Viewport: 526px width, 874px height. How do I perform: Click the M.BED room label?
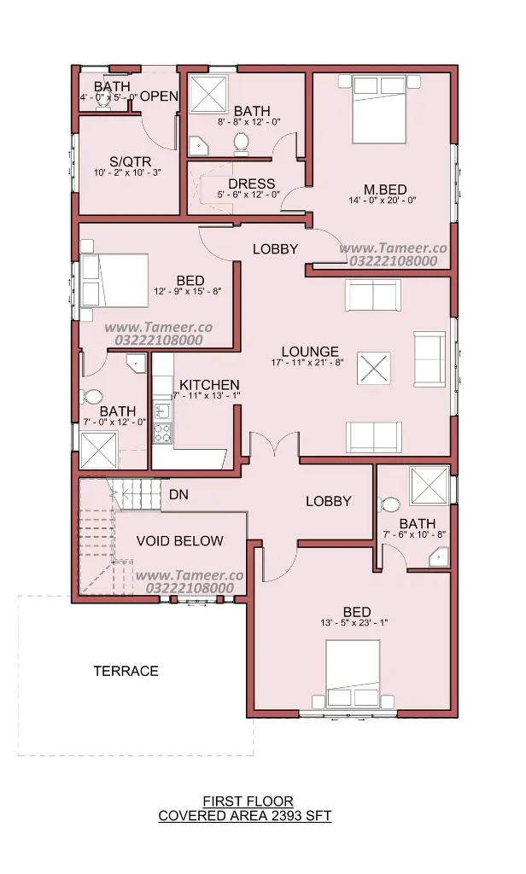385,189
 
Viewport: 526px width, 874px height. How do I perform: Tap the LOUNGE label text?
310,352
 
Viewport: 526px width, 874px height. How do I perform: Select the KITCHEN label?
209,385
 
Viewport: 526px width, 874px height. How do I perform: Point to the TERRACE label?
126,671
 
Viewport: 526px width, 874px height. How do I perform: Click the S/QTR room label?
130,162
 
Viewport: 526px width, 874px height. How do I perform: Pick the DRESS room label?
252,184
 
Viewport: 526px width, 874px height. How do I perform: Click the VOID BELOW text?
179,540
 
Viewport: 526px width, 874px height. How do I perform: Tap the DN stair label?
178,494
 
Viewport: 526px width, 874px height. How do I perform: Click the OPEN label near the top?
159,96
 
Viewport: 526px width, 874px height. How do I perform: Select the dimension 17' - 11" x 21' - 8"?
307,362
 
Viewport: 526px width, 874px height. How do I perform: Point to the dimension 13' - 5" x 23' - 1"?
354,622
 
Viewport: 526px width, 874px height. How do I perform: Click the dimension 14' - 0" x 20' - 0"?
383,200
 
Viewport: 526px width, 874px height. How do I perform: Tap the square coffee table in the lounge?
373,369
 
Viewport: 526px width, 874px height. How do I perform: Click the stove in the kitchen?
163,433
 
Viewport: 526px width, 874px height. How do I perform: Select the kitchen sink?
162,411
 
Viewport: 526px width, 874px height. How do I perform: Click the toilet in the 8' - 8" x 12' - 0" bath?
242,142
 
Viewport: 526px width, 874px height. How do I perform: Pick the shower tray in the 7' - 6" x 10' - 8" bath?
430,485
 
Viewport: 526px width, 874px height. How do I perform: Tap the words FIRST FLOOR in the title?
248,801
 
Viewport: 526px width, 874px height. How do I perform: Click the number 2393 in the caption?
283,816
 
